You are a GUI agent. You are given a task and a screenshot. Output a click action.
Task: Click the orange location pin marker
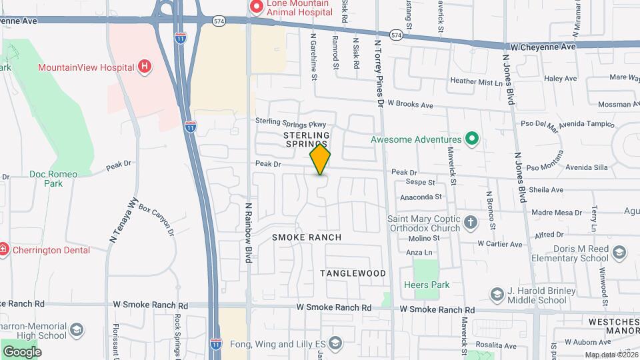tap(320, 159)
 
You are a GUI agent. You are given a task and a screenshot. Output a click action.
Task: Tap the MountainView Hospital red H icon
tap(144, 67)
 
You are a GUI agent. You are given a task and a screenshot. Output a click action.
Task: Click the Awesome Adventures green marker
tap(472, 139)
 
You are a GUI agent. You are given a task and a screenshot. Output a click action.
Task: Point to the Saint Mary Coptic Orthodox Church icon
tap(471, 223)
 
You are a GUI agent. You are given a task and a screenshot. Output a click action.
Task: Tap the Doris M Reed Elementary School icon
tap(620, 252)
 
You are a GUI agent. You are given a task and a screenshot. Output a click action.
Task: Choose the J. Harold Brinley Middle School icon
tap(497, 294)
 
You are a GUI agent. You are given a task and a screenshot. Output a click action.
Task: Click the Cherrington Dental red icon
tap(4, 250)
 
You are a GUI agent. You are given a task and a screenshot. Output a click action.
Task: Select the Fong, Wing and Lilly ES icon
tap(335, 344)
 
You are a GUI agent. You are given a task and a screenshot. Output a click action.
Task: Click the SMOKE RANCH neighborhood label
tap(307, 237)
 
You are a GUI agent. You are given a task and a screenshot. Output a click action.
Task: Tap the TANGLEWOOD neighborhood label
tap(353, 273)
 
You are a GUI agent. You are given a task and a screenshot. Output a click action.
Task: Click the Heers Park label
tap(427, 285)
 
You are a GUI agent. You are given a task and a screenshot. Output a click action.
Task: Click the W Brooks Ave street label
tap(411, 105)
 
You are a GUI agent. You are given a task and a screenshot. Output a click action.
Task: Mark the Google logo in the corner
tap(22, 351)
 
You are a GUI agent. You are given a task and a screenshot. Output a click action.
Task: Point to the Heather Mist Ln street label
tap(476, 82)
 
